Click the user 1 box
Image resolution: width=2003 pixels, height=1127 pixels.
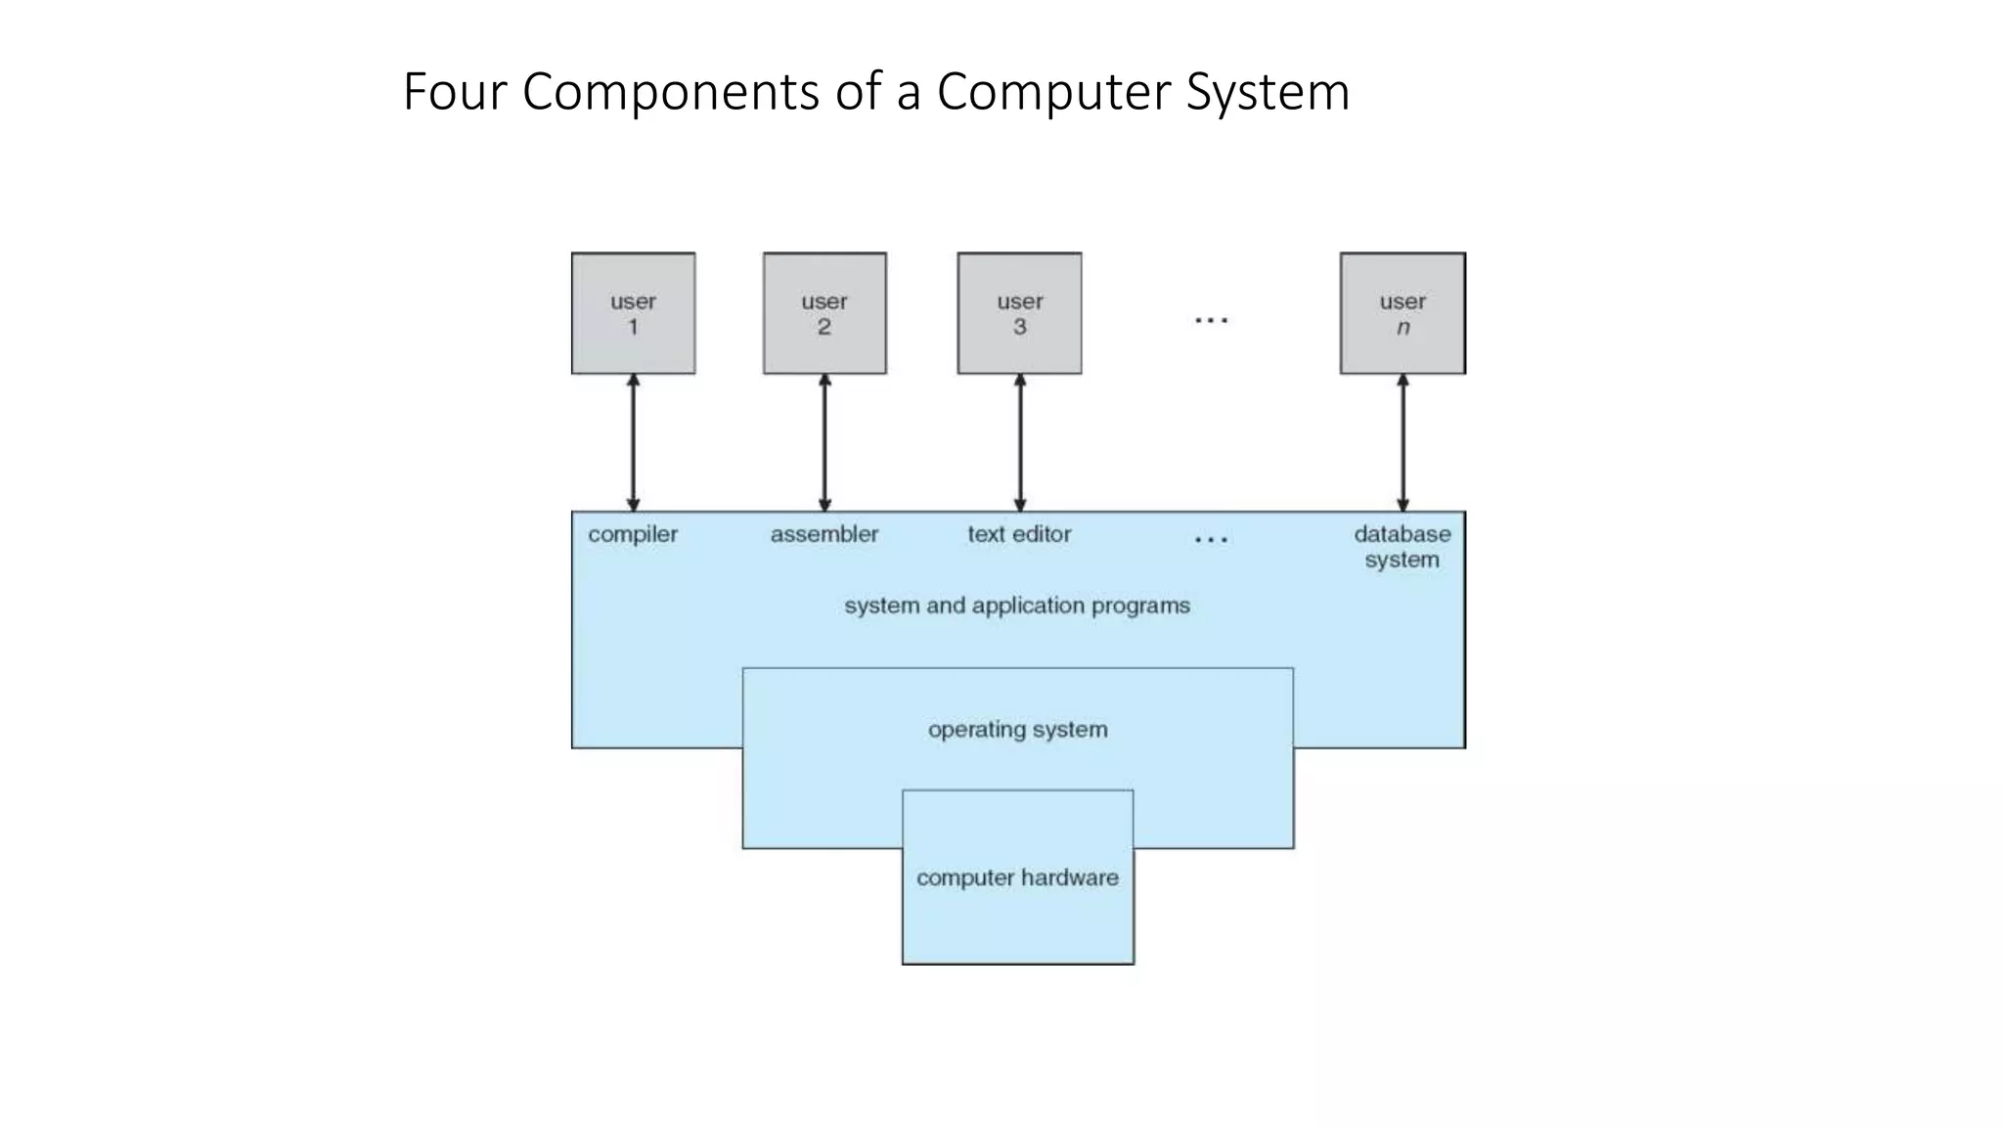click(x=633, y=313)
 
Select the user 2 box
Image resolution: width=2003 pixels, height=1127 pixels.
click(x=824, y=313)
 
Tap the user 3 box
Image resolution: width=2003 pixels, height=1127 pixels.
click(x=1019, y=313)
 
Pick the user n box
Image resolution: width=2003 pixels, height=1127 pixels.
click(x=1402, y=313)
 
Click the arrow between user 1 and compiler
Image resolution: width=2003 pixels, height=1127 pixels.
click(x=633, y=442)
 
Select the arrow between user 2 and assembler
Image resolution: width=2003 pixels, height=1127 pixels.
click(x=824, y=442)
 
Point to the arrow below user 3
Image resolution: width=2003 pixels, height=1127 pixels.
click(x=1020, y=442)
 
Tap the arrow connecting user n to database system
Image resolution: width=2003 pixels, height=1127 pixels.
click(x=1402, y=442)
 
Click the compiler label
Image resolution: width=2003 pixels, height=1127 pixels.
click(x=633, y=534)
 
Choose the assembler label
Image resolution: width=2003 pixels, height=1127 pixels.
click(x=824, y=534)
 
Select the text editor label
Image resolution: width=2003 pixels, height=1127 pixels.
click(x=1019, y=534)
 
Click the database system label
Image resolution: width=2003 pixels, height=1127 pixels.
click(x=1402, y=547)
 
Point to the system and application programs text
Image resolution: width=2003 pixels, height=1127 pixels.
click(x=1017, y=606)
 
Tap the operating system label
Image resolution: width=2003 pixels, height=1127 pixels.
click(x=1017, y=730)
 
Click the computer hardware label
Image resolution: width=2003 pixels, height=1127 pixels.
click(x=1017, y=878)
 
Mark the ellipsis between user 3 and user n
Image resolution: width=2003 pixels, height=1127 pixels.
click(x=1211, y=320)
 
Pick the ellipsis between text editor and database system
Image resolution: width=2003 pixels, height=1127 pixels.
click(x=1211, y=539)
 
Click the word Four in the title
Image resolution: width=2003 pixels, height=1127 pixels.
click(x=455, y=92)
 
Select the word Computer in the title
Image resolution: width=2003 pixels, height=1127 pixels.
click(x=1055, y=92)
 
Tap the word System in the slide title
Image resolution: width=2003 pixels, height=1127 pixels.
click(x=1268, y=92)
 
